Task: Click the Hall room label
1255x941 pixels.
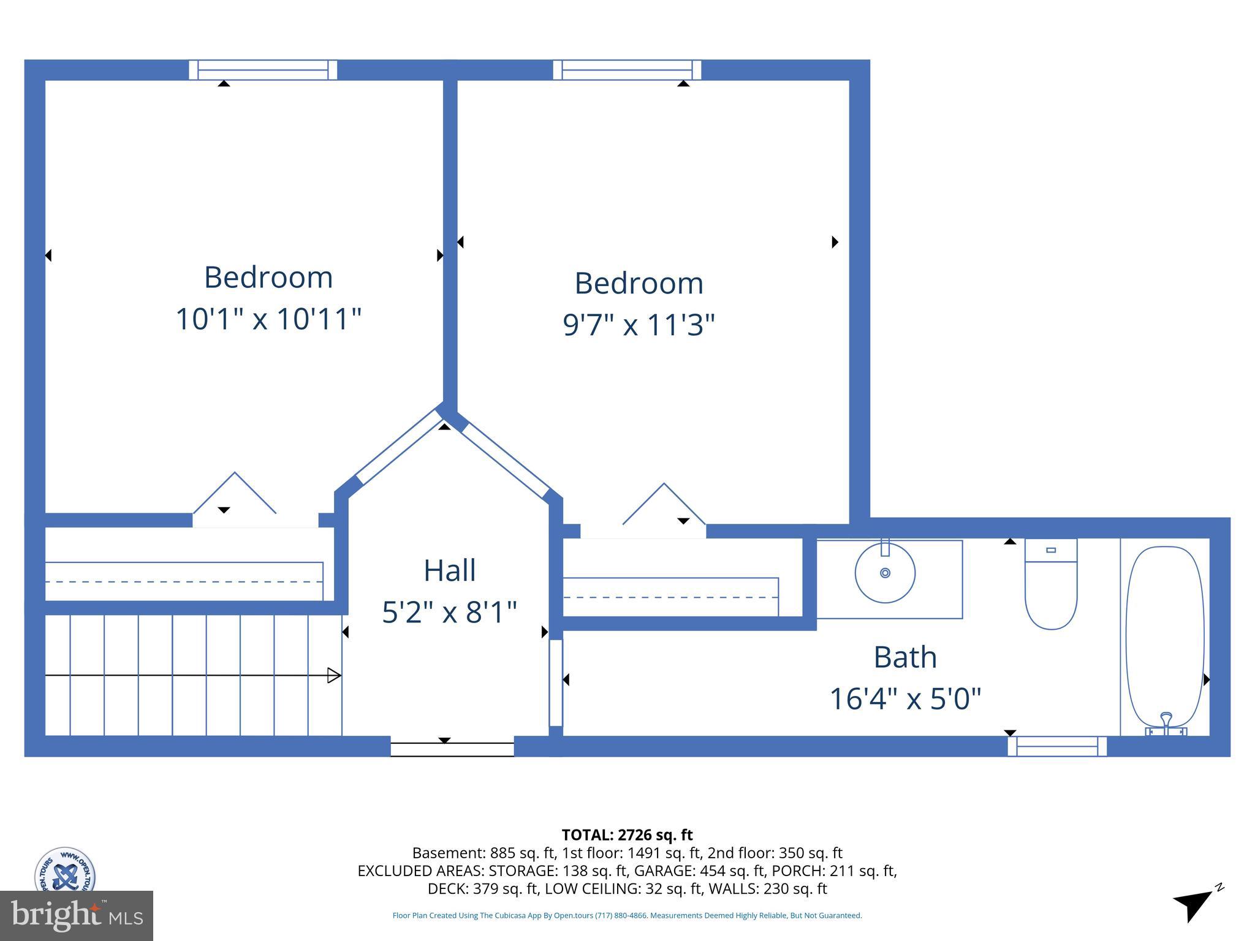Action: [449, 570]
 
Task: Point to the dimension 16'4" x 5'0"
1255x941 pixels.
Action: [905, 698]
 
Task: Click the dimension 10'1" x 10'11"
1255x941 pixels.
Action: [268, 319]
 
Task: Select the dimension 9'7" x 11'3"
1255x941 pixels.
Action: [639, 325]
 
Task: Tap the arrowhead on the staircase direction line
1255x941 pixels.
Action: [334, 675]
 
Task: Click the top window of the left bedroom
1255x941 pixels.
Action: [263, 70]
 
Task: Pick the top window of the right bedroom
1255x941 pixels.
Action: [627, 70]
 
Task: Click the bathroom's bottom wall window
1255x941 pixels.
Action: [1057, 746]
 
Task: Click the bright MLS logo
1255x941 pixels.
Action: [77, 915]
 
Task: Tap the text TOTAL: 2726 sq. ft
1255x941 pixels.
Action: [627, 835]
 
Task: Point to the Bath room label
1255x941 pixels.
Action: [905, 657]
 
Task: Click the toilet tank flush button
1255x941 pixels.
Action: [1051, 550]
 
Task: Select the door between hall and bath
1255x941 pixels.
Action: [556, 682]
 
